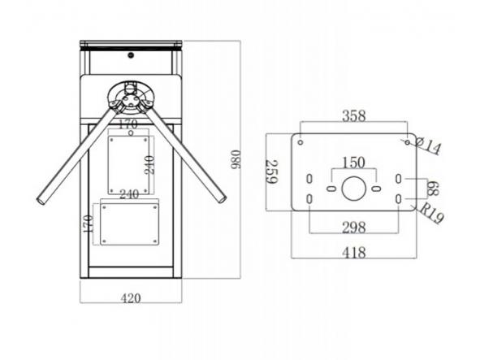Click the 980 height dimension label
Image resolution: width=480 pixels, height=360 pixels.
(x=236, y=159)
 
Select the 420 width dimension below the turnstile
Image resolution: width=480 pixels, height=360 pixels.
(x=131, y=298)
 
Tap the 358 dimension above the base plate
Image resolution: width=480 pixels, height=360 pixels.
(x=354, y=116)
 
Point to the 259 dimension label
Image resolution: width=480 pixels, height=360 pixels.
(x=271, y=171)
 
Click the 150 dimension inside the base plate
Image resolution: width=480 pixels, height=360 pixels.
(x=353, y=163)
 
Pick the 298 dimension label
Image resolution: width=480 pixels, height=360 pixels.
(x=354, y=228)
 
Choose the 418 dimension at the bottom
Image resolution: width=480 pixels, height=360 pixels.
(x=354, y=253)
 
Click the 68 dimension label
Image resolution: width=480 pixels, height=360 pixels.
(x=433, y=189)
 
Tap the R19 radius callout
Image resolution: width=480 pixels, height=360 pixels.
(x=431, y=213)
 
